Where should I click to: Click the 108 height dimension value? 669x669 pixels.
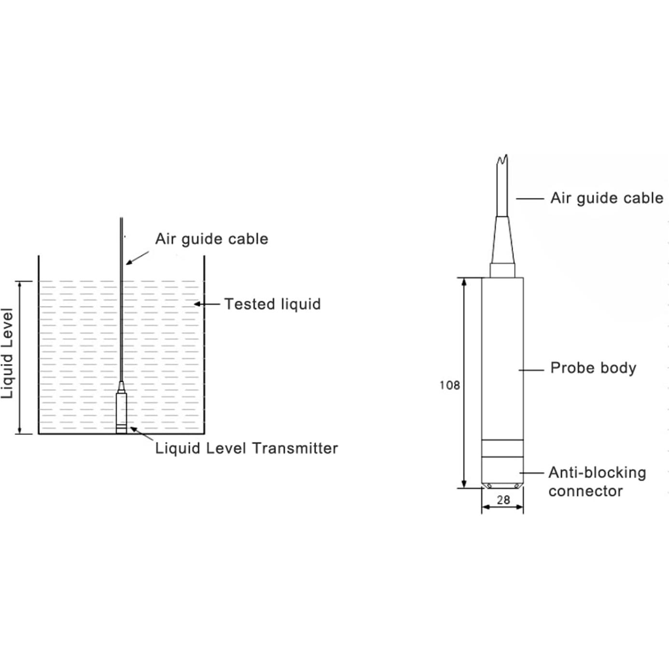[x=449, y=385]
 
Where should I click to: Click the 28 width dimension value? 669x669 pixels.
[x=503, y=500]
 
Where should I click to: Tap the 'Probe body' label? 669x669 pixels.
[x=593, y=368]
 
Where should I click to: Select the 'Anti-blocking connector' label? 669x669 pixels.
[x=597, y=482]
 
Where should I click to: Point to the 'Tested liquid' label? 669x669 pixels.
[x=272, y=304]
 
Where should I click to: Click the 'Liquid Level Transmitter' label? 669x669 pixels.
[x=246, y=448]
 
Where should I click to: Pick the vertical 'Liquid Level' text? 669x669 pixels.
[x=7, y=353]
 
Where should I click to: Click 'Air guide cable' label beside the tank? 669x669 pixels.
[x=211, y=239]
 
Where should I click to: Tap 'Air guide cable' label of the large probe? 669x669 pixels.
[x=607, y=198]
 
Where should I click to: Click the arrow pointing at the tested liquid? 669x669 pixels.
[x=205, y=304]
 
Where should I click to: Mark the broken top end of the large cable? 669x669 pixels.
[x=503, y=159]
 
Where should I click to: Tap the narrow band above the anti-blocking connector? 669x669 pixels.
[x=502, y=448]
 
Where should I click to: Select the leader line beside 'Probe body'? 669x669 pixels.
[x=531, y=370]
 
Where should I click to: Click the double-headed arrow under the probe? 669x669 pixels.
[x=502, y=507]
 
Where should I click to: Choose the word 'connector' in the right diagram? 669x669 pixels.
[x=585, y=491]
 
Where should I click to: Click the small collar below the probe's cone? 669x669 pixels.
[x=502, y=270]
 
